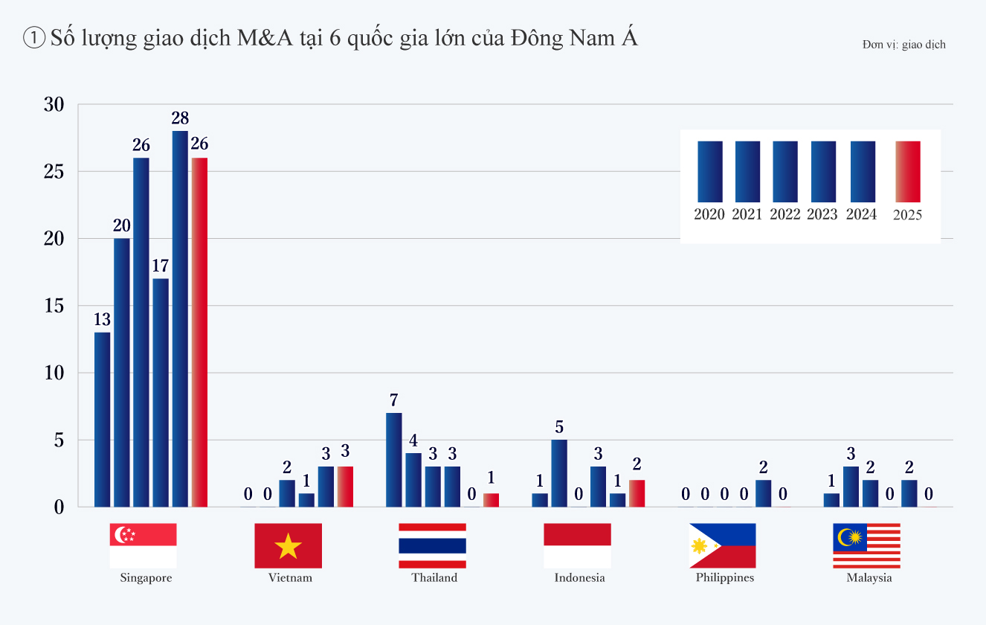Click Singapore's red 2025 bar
coord(199,332)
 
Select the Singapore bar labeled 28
coord(180,318)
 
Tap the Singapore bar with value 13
coord(103,419)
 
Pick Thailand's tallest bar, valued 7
coord(394,459)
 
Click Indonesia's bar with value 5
coord(559,472)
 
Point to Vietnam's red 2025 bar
coord(345,486)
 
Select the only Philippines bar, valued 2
coord(763,493)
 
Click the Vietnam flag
coord(288,545)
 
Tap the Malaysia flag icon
coord(866,545)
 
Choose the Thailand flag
coord(432,545)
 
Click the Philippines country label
coord(725,577)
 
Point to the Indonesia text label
coord(579,577)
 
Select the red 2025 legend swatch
coord(908,171)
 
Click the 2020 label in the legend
coord(709,214)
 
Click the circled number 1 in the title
coord(35,39)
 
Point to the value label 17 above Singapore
coord(161,266)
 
